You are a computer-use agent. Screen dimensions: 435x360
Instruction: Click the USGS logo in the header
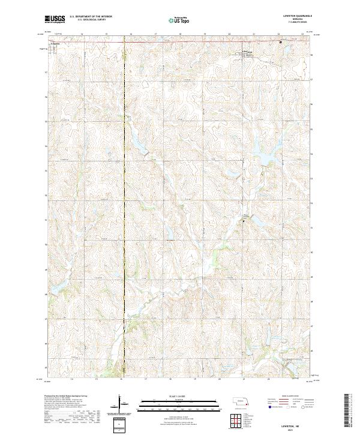click(55, 20)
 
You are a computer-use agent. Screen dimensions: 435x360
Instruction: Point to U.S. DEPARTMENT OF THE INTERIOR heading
click(91, 17)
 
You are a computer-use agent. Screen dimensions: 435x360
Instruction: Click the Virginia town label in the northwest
click(56, 44)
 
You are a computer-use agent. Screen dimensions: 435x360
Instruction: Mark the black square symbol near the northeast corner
click(280, 42)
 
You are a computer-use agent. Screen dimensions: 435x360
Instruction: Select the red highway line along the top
click(180, 42)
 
